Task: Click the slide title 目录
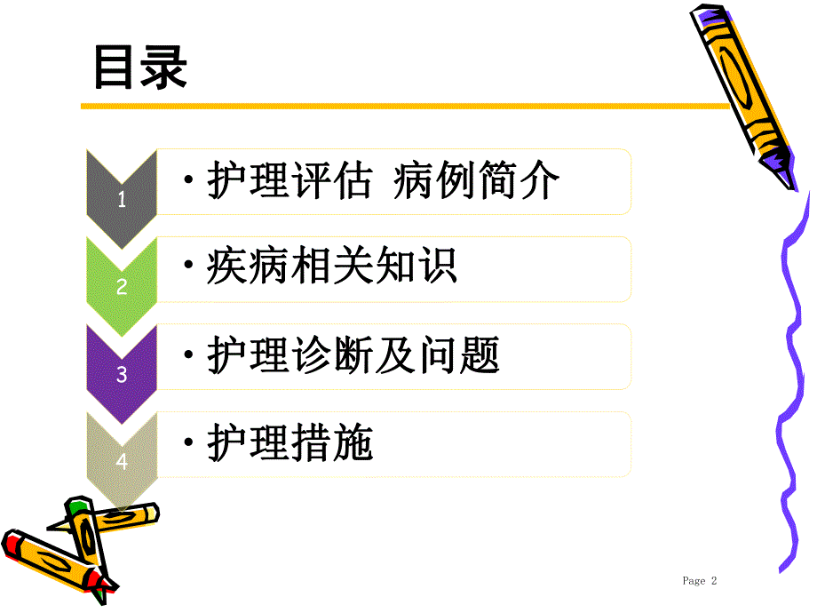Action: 140,68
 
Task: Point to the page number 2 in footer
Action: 713,581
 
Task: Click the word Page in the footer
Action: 694,581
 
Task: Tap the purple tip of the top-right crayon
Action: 782,170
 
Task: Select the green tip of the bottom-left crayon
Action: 78,507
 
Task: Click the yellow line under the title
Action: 400,107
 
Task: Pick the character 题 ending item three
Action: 480,356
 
